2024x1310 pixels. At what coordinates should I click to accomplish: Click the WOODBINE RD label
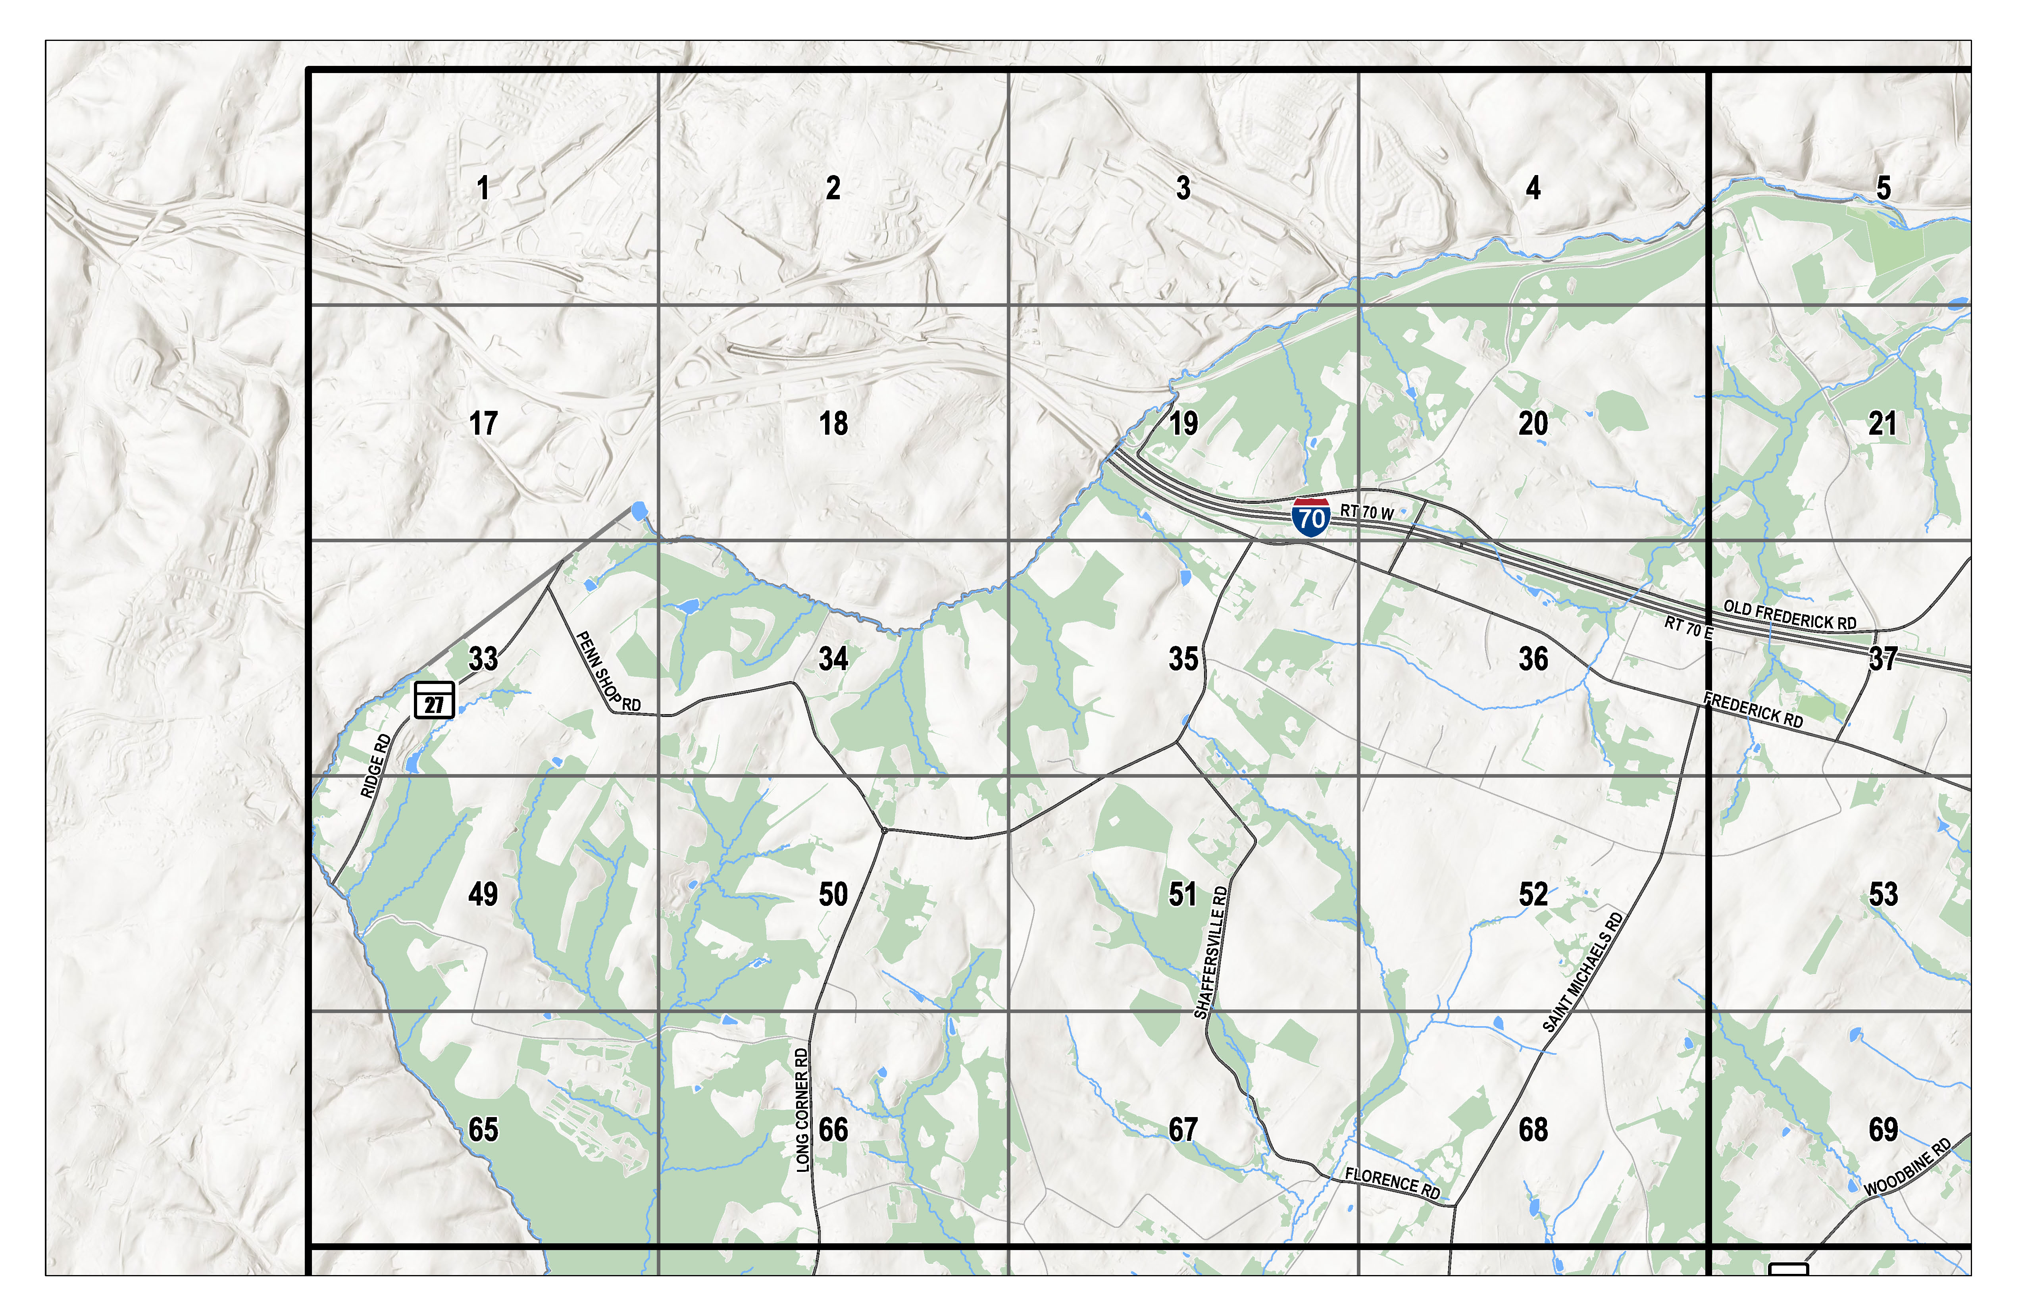pyautogui.click(x=1907, y=1167)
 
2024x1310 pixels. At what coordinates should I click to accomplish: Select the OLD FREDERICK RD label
pyautogui.click(x=1789, y=615)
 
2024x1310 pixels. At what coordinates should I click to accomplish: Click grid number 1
pyautogui.click(x=483, y=188)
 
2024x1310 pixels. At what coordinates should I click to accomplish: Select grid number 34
pyautogui.click(x=833, y=659)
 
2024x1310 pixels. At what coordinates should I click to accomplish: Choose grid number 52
pyautogui.click(x=1533, y=894)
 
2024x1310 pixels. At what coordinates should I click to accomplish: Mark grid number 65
pyautogui.click(x=483, y=1130)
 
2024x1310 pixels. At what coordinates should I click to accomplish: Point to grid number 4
pyautogui.click(x=1533, y=188)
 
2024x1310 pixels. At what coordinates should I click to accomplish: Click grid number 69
pyautogui.click(x=1883, y=1130)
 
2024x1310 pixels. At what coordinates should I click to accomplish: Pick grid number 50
pyautogui.click(x=833, y=894)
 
